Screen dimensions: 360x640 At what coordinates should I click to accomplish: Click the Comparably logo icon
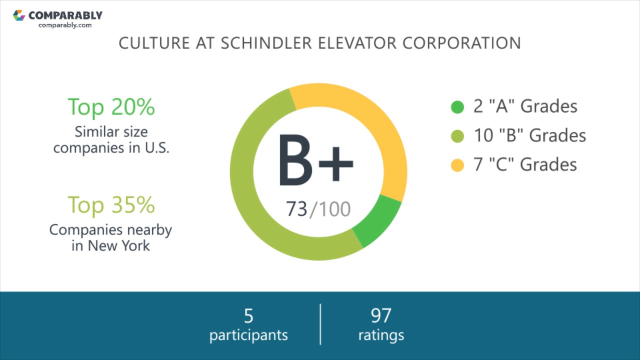[19, 15]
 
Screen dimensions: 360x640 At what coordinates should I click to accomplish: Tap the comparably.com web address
[65, 25]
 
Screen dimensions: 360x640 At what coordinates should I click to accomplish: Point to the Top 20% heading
[111, 106]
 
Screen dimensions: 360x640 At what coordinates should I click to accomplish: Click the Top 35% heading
[111, 204]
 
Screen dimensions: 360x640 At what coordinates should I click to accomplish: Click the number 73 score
[296, 209]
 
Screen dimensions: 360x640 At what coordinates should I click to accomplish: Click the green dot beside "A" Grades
[457, 107]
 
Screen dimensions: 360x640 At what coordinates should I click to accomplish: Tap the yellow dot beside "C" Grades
[457, 165]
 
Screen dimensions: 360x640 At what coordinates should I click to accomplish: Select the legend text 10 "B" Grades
[529, 135]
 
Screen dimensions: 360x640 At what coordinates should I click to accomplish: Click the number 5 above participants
[248, 316]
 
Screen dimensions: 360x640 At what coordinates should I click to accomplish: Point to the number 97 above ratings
[381, 316]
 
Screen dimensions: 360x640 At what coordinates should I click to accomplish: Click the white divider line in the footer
[320, 324]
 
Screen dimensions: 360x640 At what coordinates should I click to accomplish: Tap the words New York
[118, 246]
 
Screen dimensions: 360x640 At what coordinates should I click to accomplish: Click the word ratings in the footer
[381, 335]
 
